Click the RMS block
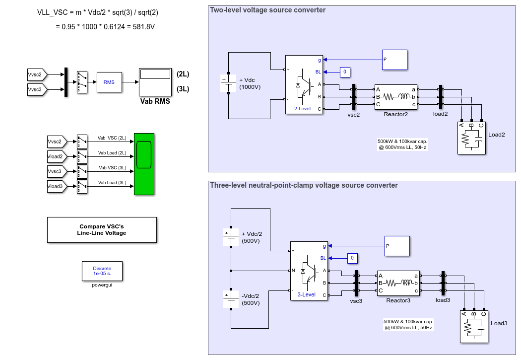click(x=109, y=82)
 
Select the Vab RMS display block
click(x=155, y=82)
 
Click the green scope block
click(x=144, y=164)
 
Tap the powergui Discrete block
click(x=102, y=271)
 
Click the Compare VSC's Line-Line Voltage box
click(x=102, y=230)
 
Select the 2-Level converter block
click(x=304, y=85)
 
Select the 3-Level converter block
click(x=309, y=271)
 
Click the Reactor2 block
click(x=396, y=97)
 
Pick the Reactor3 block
click(x=398, y=283)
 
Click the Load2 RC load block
click(x=471, y=138)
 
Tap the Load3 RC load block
click(x=474, y=327)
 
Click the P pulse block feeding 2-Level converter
click(x=395, y=60)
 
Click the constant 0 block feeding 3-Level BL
click(x=352, y=258)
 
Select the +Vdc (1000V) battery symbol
click(x=228, y=83)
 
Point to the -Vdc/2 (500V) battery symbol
click(x=231, y=299)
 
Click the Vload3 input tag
click(x=57, y=187)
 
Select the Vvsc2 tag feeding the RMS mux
click(x=37, y=75)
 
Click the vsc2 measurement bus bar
click(x=353, y=97)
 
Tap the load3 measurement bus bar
click(x=443, y=283)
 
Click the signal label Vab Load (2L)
click(x=112, y=153)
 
